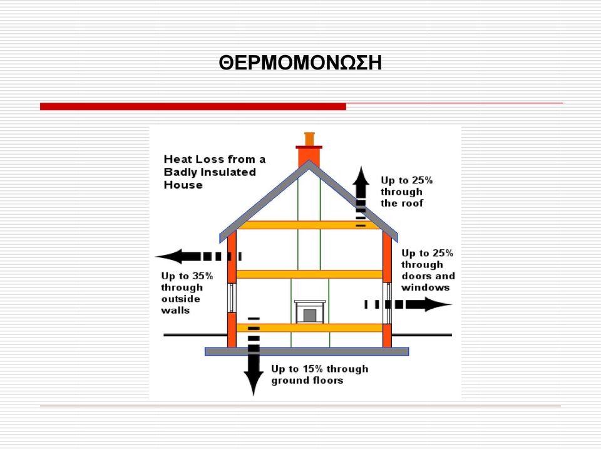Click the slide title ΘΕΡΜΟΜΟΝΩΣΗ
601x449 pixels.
click(300, 63)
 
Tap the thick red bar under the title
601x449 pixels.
click(193, 106)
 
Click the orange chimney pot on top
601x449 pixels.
click(309, 139)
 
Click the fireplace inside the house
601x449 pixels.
click(310, 312)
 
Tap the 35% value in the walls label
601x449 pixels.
click(202, 276)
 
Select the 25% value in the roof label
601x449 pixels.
click(423, 180)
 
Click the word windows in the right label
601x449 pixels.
click(426, 287)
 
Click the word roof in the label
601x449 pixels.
click(412, 204)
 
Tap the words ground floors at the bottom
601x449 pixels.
click(307, 381)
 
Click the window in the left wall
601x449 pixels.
click(232, 297)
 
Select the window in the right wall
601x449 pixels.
click(387, 303)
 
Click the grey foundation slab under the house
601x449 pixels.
click(307, 351)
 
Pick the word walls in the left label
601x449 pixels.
click(175, 310)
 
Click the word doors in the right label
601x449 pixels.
click(414, 276)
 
